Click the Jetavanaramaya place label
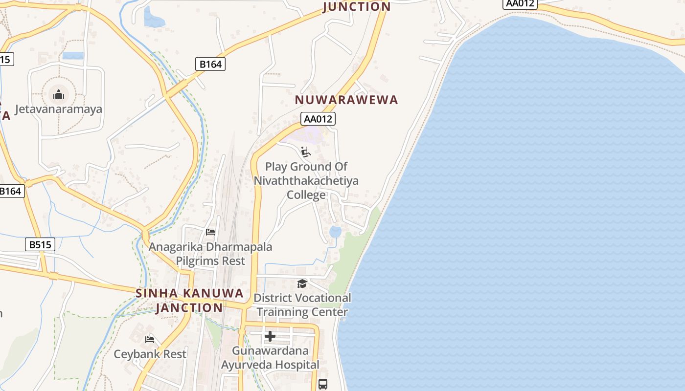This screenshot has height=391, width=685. (59, 109)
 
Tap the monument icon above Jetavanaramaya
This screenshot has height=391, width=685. (59, 94)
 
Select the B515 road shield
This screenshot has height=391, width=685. (40, 244)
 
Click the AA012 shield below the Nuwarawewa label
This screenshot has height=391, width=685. (319, 119)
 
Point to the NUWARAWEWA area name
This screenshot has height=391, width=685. (346, 100)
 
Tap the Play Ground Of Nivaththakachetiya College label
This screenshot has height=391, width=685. (306, 181)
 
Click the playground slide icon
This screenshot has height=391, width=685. (306, 152)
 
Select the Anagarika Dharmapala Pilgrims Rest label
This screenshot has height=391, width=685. (210, 254)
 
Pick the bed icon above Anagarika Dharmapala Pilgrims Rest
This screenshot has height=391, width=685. (210, 232)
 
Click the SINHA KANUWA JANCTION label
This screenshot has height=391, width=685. (189, 301)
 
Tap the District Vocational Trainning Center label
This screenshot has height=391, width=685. (302, 304)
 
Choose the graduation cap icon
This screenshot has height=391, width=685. (302, 283)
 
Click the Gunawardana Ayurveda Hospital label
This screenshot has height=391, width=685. (270, 357)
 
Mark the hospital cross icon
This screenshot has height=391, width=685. (270, 336)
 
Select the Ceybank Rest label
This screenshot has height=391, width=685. (150, 354)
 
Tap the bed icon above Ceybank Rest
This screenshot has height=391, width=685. (150, 339)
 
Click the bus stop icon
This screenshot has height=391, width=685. (323, 384)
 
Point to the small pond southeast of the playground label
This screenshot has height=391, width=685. (335, 232)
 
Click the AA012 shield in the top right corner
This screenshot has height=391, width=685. (520, 3)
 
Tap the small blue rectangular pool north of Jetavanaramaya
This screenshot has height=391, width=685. (73, 56)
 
